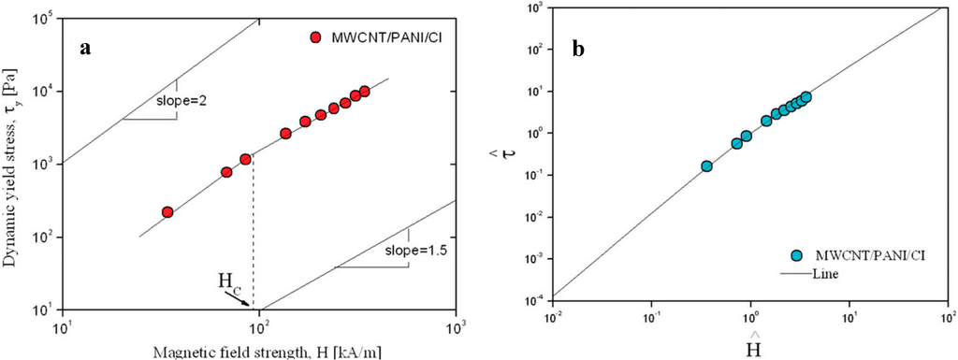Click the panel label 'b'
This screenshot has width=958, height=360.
[x=580, y=49]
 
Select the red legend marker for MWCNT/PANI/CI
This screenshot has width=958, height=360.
[x=316, y=37]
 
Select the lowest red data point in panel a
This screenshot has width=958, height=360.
[x=167, y=212]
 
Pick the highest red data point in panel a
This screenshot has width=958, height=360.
[x=364, y=91]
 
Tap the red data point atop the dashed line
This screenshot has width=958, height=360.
[x=245, y=159]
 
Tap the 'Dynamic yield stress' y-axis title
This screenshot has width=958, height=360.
[x=11, y=164]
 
